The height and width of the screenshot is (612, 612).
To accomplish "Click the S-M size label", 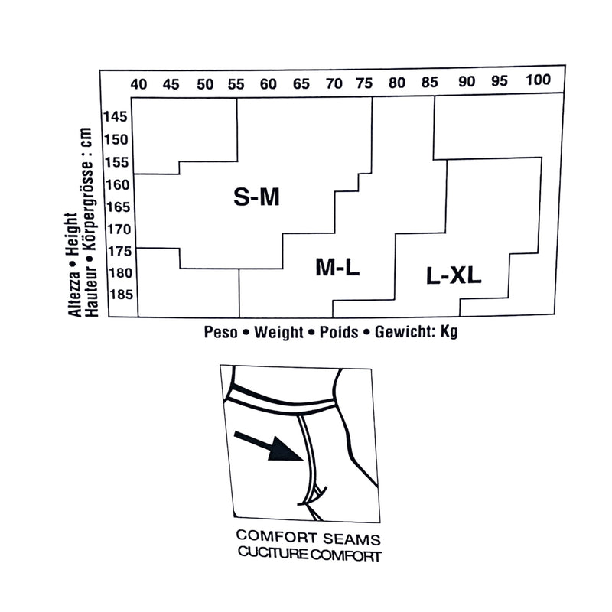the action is coord(256,197).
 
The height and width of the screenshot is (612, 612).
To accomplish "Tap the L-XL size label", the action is coord(454,275).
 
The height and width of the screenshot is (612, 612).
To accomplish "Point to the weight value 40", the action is coord(138,84).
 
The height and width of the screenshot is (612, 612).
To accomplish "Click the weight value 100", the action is coord(538,80).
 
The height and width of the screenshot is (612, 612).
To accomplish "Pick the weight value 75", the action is coord(364,83).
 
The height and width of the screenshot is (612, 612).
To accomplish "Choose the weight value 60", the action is coord(269,84).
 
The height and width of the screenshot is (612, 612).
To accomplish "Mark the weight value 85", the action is coord(430,82).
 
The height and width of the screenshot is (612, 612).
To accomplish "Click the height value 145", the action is coord(116,116).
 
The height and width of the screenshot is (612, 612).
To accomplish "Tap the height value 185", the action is coord(121,295).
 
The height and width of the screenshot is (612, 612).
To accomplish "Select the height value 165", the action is coord(118,207).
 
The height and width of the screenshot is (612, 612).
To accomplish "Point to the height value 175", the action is coord(119,251).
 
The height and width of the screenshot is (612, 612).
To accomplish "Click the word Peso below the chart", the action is coord(220,332).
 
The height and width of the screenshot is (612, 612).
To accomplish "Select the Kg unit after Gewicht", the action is coord(449,332).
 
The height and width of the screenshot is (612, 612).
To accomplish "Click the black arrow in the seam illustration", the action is coord(269,446).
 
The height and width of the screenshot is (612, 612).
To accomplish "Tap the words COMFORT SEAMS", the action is coord(308,538).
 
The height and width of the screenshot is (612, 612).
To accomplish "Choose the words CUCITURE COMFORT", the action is coord(310,554).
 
